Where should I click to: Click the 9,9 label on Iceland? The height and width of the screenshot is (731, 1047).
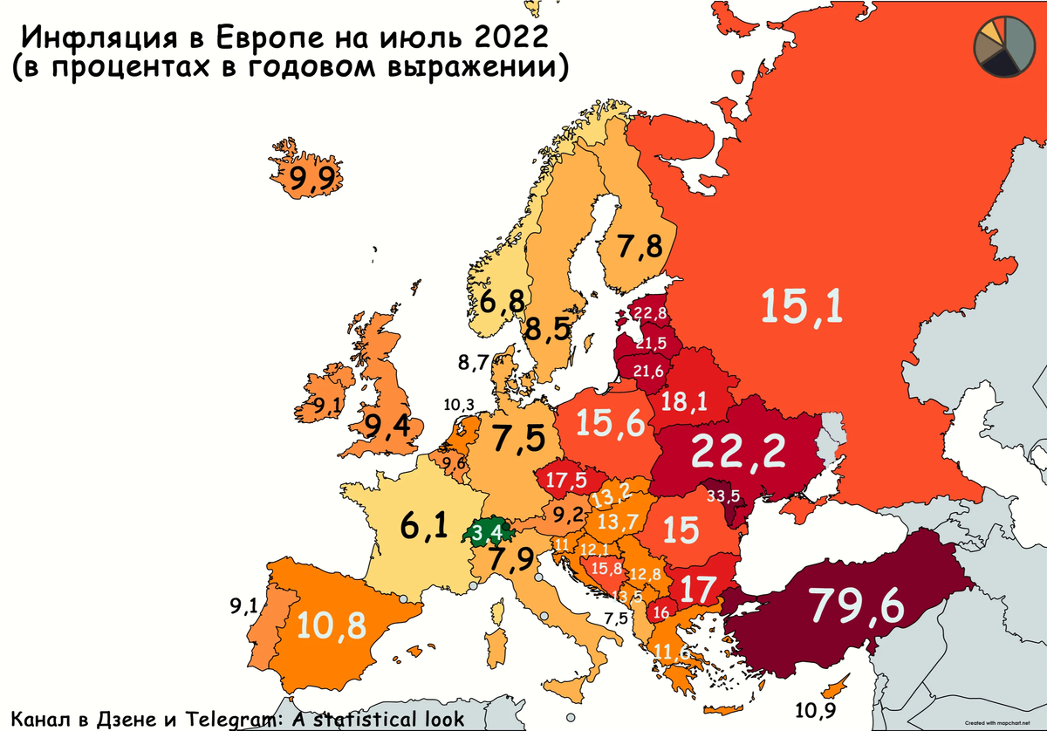306,180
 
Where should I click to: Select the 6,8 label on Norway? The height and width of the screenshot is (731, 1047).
502,302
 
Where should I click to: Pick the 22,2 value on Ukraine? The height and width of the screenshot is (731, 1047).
739,451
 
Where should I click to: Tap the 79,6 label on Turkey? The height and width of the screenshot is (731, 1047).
855,604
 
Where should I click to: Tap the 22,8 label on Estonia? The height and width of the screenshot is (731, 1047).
650,314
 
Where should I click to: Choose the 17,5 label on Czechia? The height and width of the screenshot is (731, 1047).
565,480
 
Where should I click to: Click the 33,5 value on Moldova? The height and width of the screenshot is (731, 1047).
723,496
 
